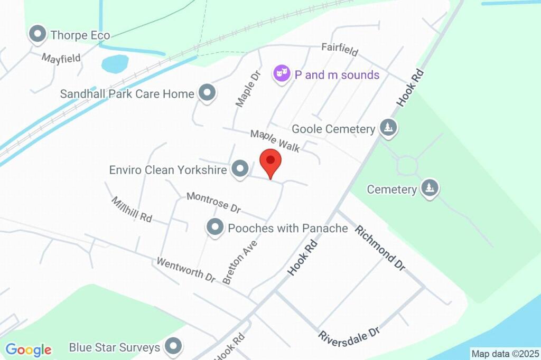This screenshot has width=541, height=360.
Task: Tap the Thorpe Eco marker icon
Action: coord(38,35)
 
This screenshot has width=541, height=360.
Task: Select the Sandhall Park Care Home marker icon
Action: coord(207,93)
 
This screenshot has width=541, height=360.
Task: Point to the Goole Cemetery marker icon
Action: coord(388,128)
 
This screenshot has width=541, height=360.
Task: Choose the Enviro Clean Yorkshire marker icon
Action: coord(241,169)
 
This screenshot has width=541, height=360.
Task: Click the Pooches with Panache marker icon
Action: coord(214,228)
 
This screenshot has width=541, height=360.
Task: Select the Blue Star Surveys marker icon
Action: coord(173,347)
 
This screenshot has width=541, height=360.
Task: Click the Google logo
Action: coord(29,349)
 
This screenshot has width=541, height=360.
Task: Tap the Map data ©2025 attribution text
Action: coord(505,354)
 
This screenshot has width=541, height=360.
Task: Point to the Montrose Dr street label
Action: coord(213,202)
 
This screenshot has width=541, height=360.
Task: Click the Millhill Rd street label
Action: coord(132,209)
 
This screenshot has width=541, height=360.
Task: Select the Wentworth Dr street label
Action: coord(186,269)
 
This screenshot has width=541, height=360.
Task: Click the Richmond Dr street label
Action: coord(380,248)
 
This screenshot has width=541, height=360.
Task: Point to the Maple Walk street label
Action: coord(275,141)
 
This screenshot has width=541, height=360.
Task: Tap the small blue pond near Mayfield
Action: coord(115,64)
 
